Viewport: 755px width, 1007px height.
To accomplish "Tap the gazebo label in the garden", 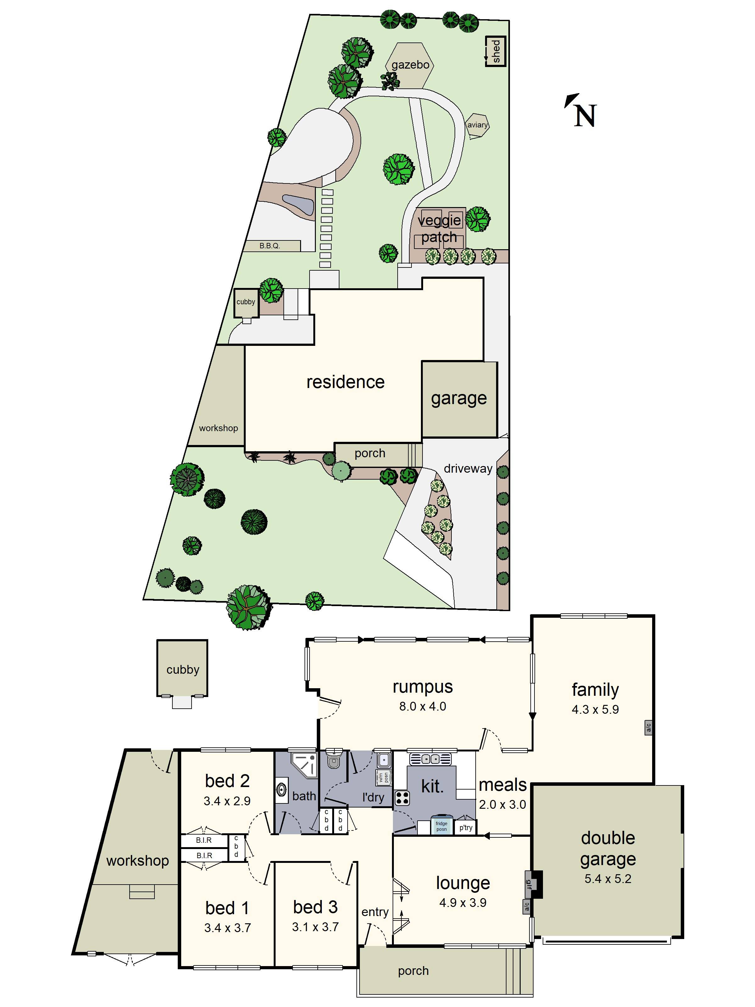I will [410, 65].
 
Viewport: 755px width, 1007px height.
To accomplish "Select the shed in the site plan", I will [495, 51].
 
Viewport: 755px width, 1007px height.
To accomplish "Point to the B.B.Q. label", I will [270, 246].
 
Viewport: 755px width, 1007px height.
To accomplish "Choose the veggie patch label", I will [439, 228].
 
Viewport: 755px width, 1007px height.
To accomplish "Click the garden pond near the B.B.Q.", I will [298, 205].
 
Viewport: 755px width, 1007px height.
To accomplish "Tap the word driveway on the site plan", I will [468, 469].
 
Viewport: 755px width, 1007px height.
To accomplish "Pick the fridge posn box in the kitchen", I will [441, 826].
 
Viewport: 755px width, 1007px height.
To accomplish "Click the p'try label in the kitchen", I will [466, 828].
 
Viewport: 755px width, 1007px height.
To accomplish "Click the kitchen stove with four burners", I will [402, 798].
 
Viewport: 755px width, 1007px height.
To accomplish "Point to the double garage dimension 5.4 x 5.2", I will [607, 879].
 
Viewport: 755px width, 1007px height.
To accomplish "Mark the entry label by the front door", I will [375, 912].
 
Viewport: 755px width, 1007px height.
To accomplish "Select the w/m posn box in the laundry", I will [383, 778].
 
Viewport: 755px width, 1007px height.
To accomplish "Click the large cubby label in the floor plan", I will [182, 670].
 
